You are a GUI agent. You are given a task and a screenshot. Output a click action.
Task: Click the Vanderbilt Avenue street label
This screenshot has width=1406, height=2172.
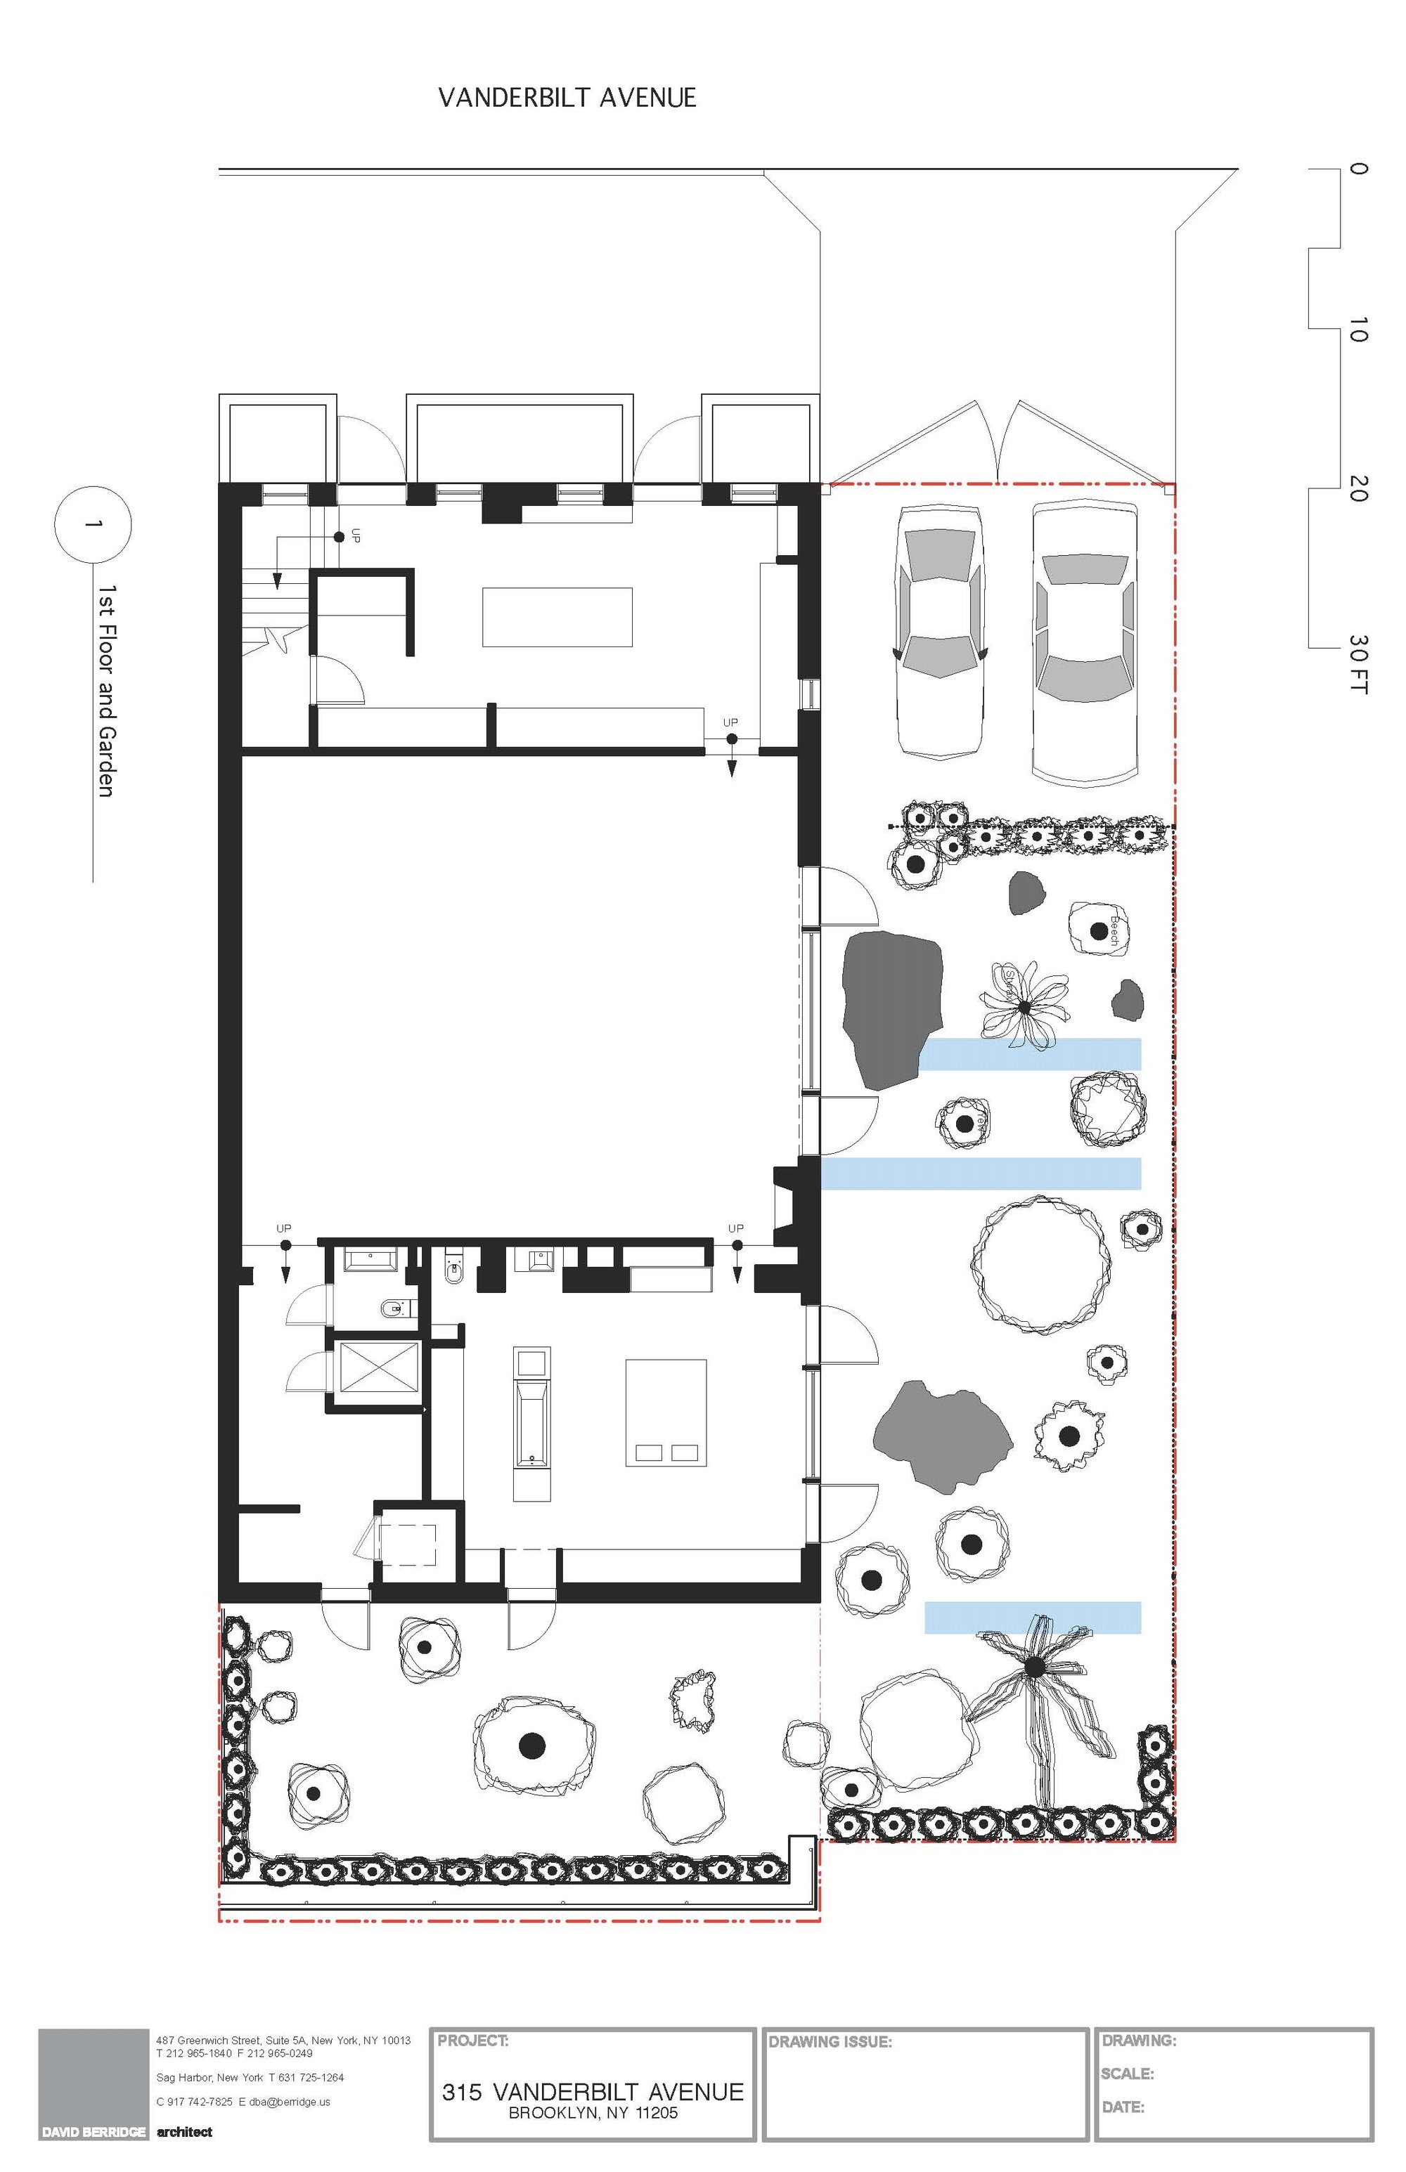pyautogui.click(x=567, y=98)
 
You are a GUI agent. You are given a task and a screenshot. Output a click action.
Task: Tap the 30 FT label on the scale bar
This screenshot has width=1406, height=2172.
pyautogui.click(x=1357, y=664)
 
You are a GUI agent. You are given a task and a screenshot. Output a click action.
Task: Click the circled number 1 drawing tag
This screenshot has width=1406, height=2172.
pyautogui.click(x=92, y=525)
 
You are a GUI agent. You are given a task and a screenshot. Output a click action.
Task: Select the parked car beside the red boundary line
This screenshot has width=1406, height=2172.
pyautogui.click(x=1085, y=641)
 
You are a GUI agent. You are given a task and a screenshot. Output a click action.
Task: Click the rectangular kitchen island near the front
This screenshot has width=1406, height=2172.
pyautogui.click(x=557, y=617)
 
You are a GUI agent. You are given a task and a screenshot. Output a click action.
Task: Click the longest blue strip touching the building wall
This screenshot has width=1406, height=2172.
pyautogui.click(x=981, y=1173)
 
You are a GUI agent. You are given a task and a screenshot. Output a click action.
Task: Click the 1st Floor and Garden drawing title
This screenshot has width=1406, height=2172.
pyautogui.click(x=107, y=691)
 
